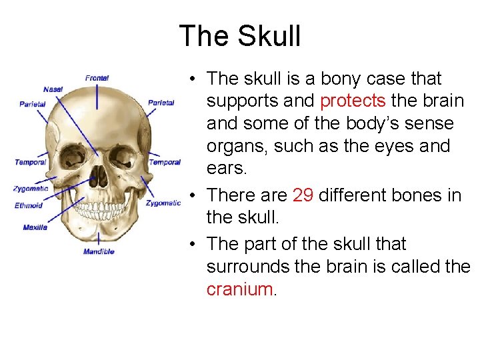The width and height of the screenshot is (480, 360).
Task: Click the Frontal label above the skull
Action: tap(97, 78)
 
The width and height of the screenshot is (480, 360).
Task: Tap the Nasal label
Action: tap(53, 89)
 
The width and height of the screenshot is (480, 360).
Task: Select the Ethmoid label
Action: tap(29, 205)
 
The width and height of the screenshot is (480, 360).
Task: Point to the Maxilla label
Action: tap(35, 227)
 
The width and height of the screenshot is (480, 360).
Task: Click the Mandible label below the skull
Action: tap(99, 251)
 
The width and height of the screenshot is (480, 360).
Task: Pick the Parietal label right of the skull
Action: tap(161, 103)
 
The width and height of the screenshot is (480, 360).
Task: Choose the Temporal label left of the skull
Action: tap(31, 162)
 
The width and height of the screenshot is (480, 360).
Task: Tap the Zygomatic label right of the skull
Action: tap(163, 203)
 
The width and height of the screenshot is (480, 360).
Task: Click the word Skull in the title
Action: tap(268, 36)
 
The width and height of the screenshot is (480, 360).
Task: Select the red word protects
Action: tap(353, 101)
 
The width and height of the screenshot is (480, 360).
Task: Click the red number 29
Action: tap(303, 195)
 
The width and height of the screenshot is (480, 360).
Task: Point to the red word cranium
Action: tap(239, 289)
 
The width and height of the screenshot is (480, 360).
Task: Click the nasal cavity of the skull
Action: tap(98, 175)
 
